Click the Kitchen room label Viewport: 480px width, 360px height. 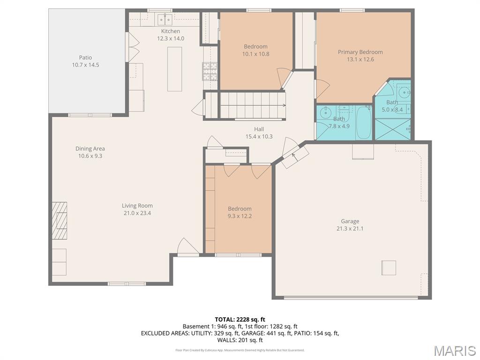tap(171, 31)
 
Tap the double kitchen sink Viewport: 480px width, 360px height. tap(165, 20)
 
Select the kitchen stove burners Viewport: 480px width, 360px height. tap(210, 71)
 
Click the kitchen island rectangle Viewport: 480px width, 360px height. tap(174, 69)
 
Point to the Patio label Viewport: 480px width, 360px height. tap(85, 58)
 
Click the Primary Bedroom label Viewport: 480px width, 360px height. tap(360, 52)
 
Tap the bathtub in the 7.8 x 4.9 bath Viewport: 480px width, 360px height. tap(364, 122)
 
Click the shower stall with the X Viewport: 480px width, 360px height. tap(393, 129)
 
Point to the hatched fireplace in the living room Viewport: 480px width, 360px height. tap(59, 220)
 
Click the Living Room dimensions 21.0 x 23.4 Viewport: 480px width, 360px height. tap(137, 213)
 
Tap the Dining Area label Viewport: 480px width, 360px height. tap(90, 149)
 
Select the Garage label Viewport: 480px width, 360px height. tap(350, 221)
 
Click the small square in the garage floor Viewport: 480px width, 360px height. tap(389, 268)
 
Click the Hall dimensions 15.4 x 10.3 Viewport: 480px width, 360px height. tap(259, 136)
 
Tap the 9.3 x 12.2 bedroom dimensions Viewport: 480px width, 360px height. tap(240, 216)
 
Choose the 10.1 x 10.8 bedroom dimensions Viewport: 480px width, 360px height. tap(255, 54)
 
